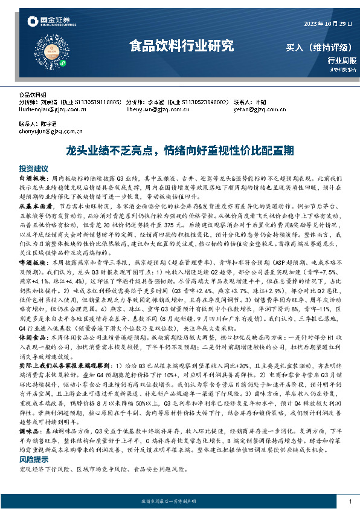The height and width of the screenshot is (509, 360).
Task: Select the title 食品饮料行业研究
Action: (181, 46)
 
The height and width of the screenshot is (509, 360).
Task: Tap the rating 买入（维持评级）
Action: (321, 47)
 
